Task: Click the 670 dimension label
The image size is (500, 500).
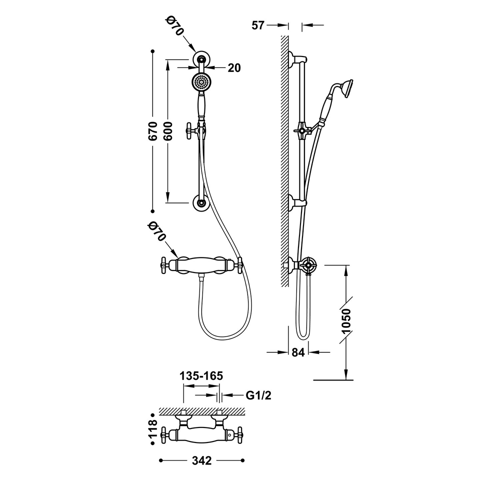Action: (152, 131)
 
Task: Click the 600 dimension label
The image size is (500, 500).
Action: (167, 131)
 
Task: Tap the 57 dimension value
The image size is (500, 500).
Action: (258, 25)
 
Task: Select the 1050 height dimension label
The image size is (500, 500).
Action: (345, 320)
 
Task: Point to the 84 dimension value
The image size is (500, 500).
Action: (298, 352)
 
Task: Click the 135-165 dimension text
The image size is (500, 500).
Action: (201, 376)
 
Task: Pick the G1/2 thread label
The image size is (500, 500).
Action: (258, 395)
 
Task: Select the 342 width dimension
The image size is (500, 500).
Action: (201, 460)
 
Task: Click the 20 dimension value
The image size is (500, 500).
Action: (234, 67)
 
